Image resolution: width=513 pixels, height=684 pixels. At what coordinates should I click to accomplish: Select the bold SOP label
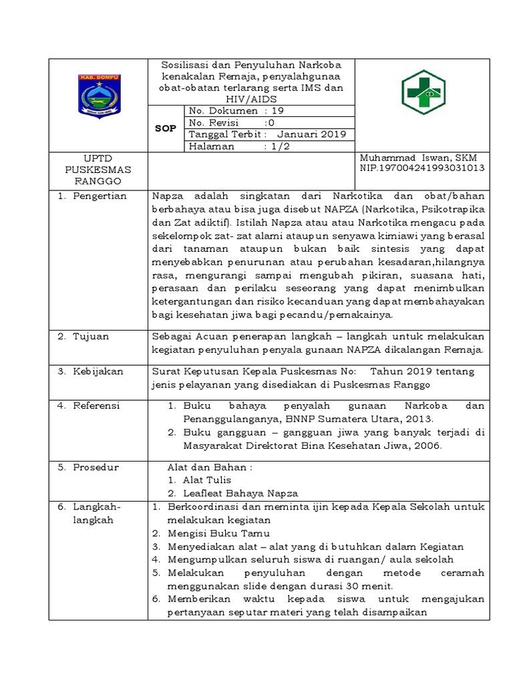coord(165,128)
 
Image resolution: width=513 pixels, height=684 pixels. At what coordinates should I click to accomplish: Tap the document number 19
coord(278,110)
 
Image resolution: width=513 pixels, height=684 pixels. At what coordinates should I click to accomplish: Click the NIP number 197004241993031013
coord(422,168)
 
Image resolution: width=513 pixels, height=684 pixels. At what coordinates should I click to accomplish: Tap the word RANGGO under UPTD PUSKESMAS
coord(98,180)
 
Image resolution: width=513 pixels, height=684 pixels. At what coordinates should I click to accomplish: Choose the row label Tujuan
coord(91,336)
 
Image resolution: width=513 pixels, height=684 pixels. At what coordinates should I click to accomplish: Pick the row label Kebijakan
coord(98,371)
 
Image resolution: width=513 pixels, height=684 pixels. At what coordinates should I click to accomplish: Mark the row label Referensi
coord(96,405)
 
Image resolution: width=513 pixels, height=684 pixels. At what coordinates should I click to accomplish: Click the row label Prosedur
coord(96,467)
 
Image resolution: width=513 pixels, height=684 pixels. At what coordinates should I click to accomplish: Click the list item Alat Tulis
coord(207,480)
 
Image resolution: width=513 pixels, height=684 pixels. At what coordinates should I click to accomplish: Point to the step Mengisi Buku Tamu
coord(218,533)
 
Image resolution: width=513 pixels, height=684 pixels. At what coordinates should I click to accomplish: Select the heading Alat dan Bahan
coord(208,467)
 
